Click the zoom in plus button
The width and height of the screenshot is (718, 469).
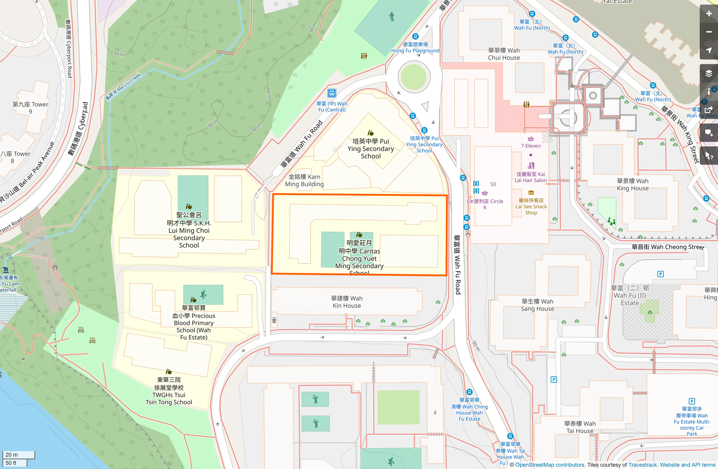pyautogui.click(x=708, y=14)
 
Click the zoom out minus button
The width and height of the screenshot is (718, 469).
pyautogui.click(x=708, y=32)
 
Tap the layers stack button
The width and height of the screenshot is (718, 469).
pyautogui.click(x=708, y=74)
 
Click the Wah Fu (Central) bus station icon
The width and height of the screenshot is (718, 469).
pyautogui.click(x=332, y=93)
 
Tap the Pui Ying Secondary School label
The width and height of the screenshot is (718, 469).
pyautogui.click(x=370, y=149)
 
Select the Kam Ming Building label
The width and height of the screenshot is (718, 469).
pyautogui.click(x=304, y=180)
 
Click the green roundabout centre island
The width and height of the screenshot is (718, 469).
pyautogui.click(x=413, y=77)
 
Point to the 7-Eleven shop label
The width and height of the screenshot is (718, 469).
pyautogui.click(x=530, y=146)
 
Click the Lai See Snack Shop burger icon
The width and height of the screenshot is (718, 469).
pyautogui.click(x=531, y=193)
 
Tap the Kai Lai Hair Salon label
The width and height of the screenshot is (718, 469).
pyautogui.click(x=530, y=177)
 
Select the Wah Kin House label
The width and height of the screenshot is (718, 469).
pyautogui.click(x=346, y=302)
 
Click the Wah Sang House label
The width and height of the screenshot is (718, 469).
pyautogui.click(x=537, y=305)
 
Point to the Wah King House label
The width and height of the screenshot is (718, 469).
pyautogui.click(x=632, y=185)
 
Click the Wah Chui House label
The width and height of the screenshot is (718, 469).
pyautogui.click(x=504, y=54)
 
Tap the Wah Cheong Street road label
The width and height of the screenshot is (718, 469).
pyautogui.click(x=667, y=247)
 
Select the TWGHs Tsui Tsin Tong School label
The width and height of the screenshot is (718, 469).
pyautogui.click(x=168, y=391)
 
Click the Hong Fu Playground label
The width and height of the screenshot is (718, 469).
pyautogui.click(x=415, y=48)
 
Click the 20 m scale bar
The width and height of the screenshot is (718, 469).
pyautogui.click(x=18, y=455)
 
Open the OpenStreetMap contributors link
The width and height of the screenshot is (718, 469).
pyautogui.click(x=550, y=465)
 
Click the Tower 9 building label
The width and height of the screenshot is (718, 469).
pyautogui.click(x=30, y=108)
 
